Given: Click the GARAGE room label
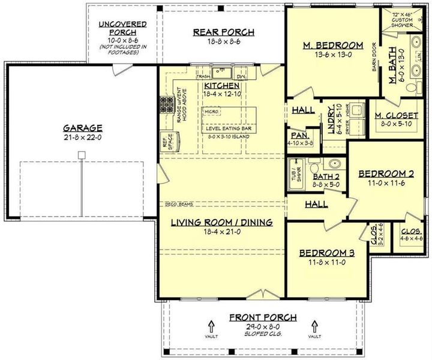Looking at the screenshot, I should [x=82, y=128].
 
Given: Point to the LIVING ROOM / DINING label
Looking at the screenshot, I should [x=221, y=222].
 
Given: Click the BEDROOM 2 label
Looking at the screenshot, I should [x=386, y=174].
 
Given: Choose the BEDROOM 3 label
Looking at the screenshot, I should [x=326, y=253].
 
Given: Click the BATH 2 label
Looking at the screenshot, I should [x=327, y=177].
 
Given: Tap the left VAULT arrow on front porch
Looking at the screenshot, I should [x=211, y=328].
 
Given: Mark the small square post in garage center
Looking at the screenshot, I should [x=82, y=155].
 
